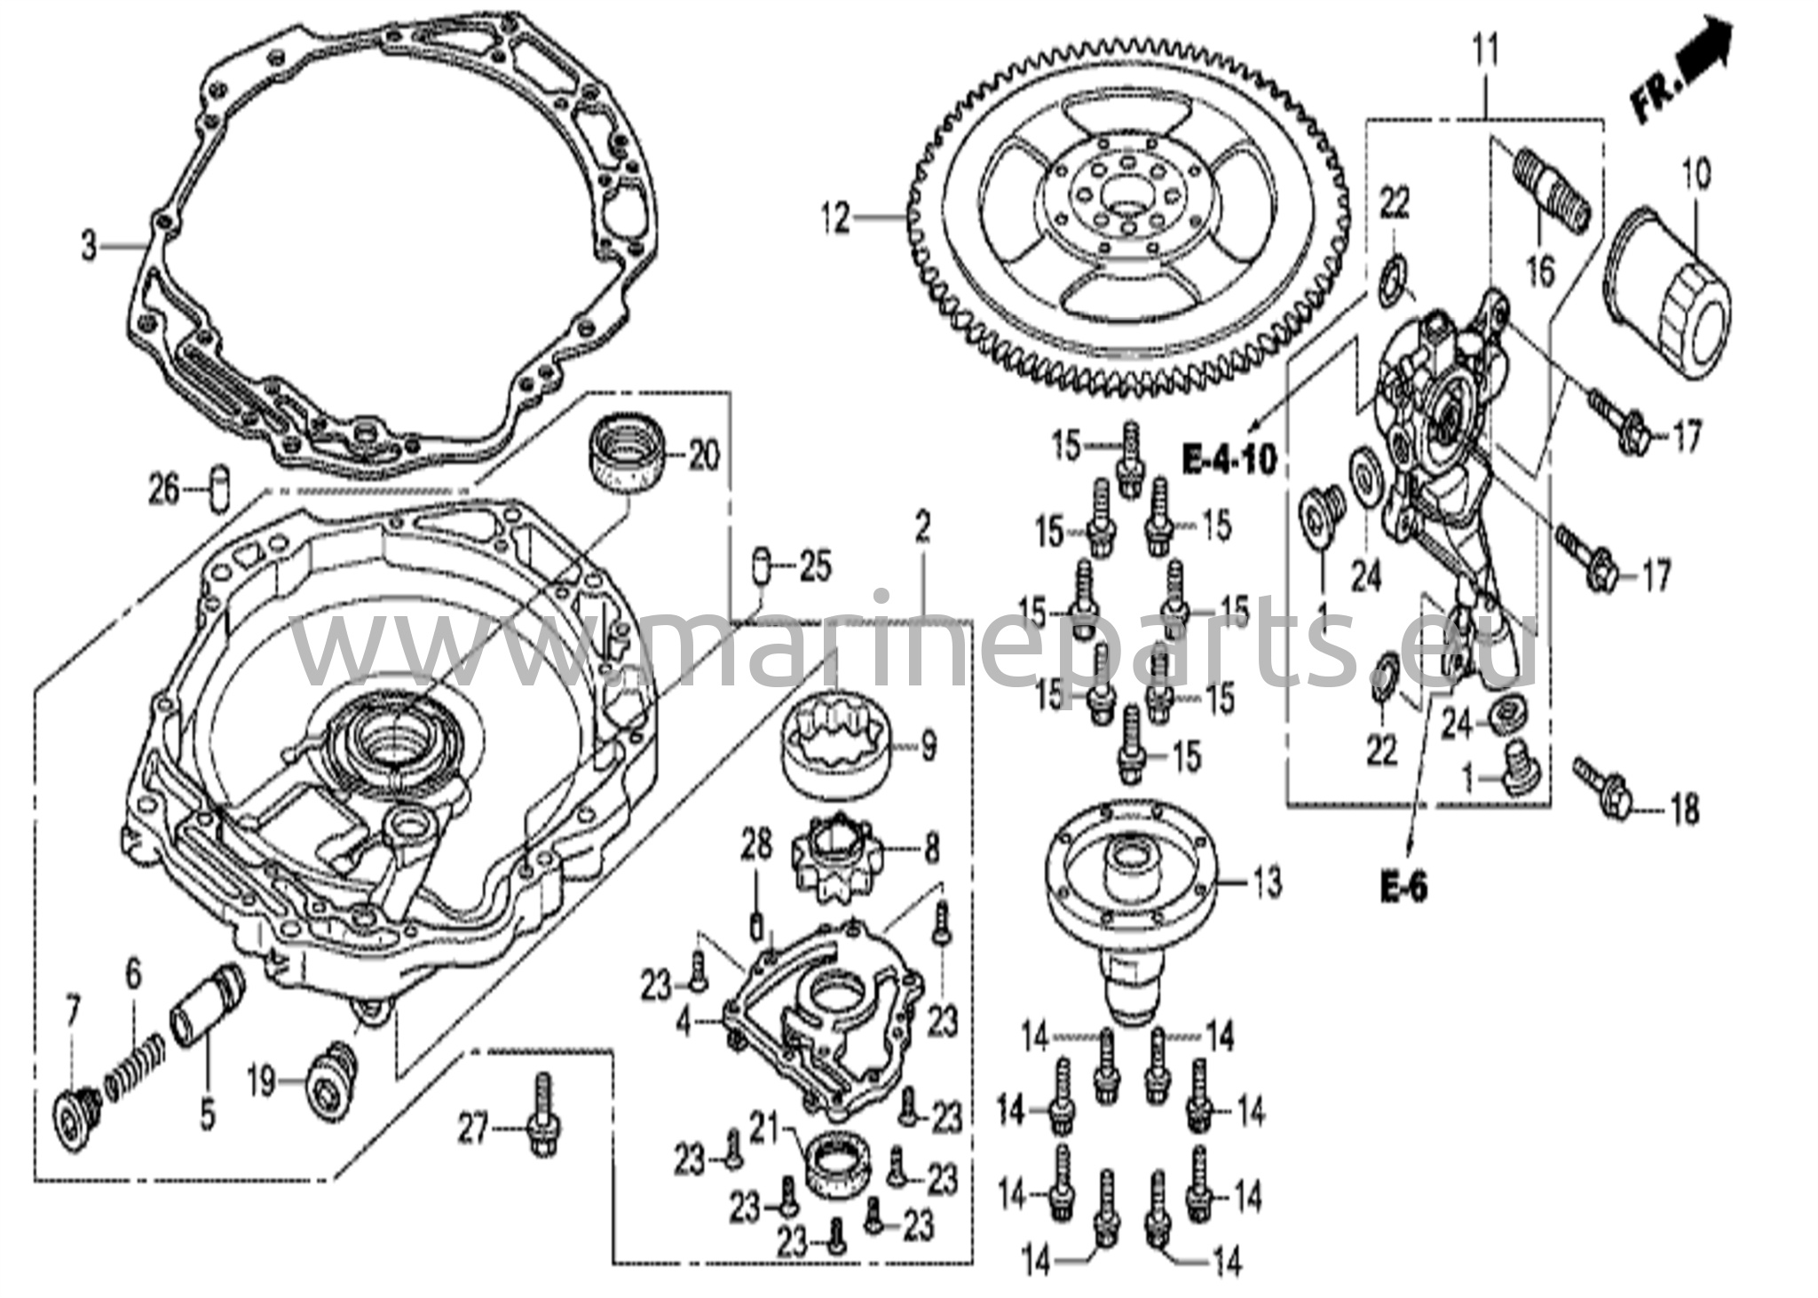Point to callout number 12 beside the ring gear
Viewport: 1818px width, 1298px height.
[835, 218]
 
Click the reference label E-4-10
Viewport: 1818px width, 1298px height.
[1229, 458]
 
